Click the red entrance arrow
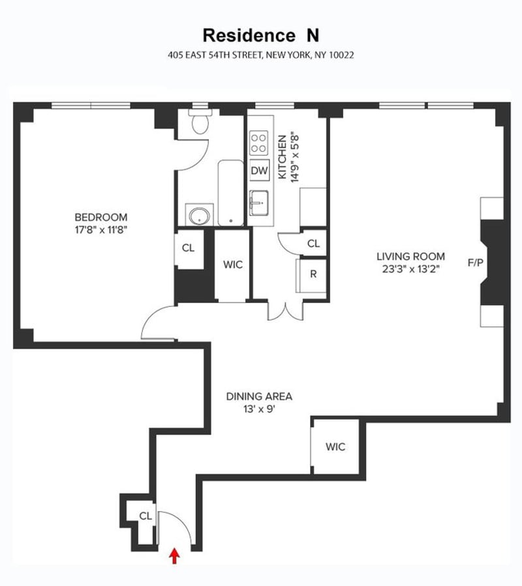click(x=174, y=555)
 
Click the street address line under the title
click(x=261, y=55)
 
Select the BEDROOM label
click(x=100, y=217)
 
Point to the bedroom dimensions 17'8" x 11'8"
click(x=100, y=229)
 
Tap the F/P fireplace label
click(x=475, y=263)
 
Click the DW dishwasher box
click(x=260, y=171)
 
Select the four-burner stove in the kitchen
click(x=260, y=143)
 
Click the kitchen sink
click(x=260, y=202)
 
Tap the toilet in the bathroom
click(x=198, y=121)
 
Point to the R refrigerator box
click(x=313, y=274)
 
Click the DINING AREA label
click(x=259, y=396)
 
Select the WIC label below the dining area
click(x=335, y=447)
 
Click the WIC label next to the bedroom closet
click(x=233, y=265)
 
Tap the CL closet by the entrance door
click(x=145, y=516)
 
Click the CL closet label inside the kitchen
click(x=313, y=243)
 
